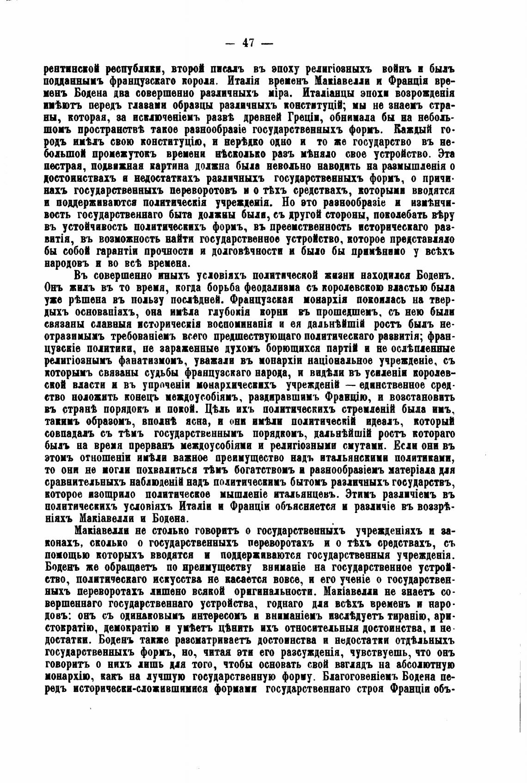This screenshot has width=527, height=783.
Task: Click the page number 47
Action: pos(248,43)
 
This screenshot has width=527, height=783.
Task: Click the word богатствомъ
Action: pos(256,469)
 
